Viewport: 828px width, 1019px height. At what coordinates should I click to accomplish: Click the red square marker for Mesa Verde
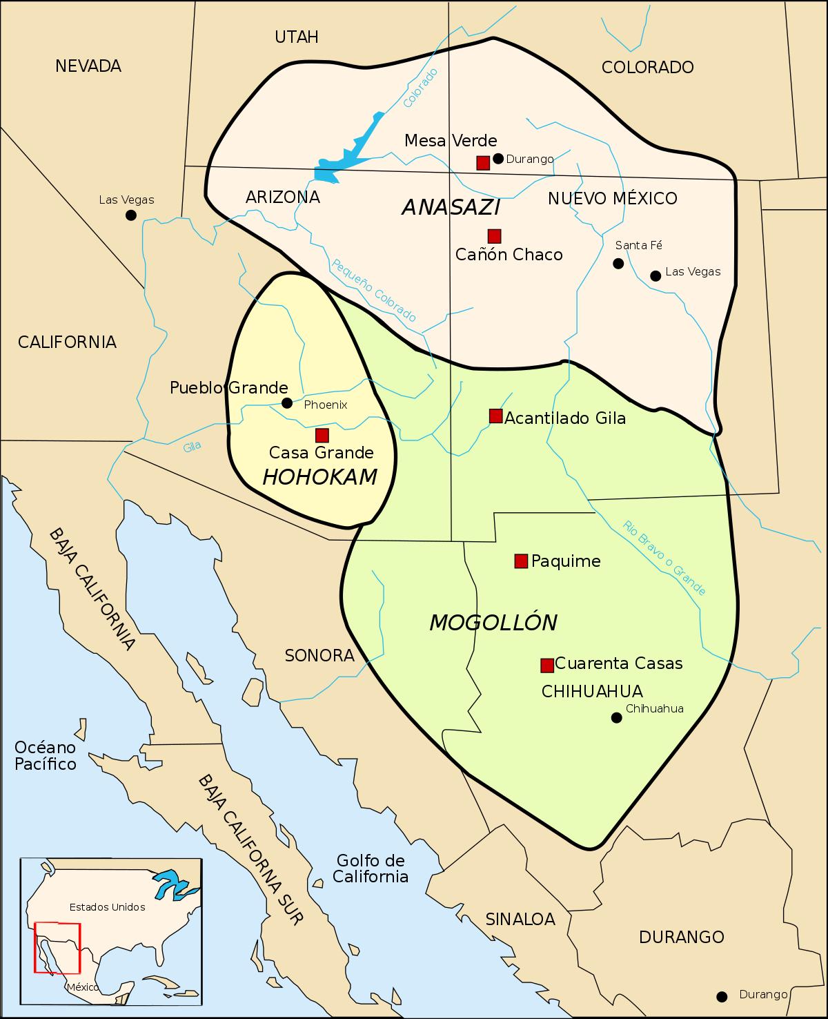tap(483, 163)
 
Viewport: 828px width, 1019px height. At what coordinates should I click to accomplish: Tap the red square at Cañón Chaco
tap(494, 235)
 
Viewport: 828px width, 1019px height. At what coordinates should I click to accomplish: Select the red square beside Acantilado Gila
tap(495, 416)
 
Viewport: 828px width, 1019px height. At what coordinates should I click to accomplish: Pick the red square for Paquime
tap(521, 561)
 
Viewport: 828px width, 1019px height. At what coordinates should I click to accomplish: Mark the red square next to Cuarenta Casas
tap(547, 665)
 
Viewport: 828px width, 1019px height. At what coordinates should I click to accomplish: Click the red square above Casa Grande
tap(322, 435)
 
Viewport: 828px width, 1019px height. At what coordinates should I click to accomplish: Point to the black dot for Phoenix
tap(287, 403)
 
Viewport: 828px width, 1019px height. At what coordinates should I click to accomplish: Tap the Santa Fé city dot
tap(618, 263)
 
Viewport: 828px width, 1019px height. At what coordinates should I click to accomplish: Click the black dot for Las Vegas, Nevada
tap(130, 215)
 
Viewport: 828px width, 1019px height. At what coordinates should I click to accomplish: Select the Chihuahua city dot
tap(617, 718)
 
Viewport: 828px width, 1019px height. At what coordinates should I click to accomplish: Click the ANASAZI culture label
tap(451, 207)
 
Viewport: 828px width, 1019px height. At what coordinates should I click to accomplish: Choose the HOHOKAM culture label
tap(320, 476)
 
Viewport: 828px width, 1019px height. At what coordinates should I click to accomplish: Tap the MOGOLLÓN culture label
tap(493, 623)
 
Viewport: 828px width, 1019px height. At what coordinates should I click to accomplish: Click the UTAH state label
tap(297, 37)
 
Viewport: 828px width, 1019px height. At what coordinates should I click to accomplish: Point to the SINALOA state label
tap(520, 919)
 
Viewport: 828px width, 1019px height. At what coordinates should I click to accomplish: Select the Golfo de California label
tap(371, 868)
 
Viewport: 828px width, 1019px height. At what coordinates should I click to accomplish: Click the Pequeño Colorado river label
tap(374, 290)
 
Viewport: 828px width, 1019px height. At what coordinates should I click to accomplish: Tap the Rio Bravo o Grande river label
tap(664, 557)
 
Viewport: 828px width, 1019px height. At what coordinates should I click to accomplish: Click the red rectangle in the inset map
tap(58, 948)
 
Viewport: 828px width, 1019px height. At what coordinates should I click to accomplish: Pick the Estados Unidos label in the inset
tap(108, 906)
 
